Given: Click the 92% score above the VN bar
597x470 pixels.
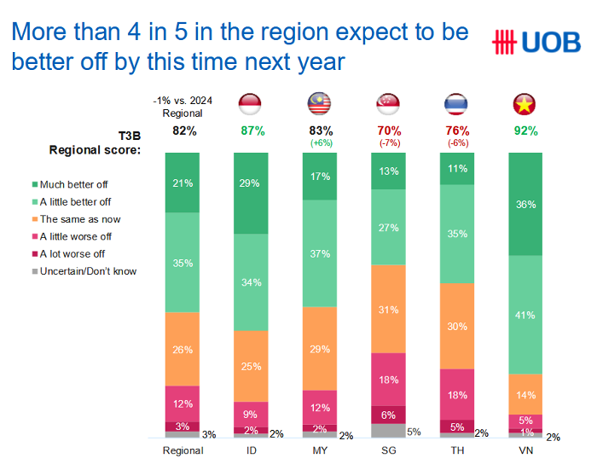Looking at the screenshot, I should [525, 131].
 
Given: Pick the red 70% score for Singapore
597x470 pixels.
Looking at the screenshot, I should [388, 131].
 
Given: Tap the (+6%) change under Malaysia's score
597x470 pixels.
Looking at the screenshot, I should [320, 143].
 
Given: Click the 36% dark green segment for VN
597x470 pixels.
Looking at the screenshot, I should [525, 205].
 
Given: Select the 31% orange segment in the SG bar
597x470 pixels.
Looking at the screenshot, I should [388, 309].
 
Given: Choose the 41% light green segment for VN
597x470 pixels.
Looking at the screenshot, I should [525, 315].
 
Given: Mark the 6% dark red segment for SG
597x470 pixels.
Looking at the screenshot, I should [388, 415].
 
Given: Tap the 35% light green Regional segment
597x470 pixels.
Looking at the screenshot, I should [183, 263].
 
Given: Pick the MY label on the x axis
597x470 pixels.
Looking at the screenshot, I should [320, 451].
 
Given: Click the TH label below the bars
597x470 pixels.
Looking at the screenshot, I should [456, 451].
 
